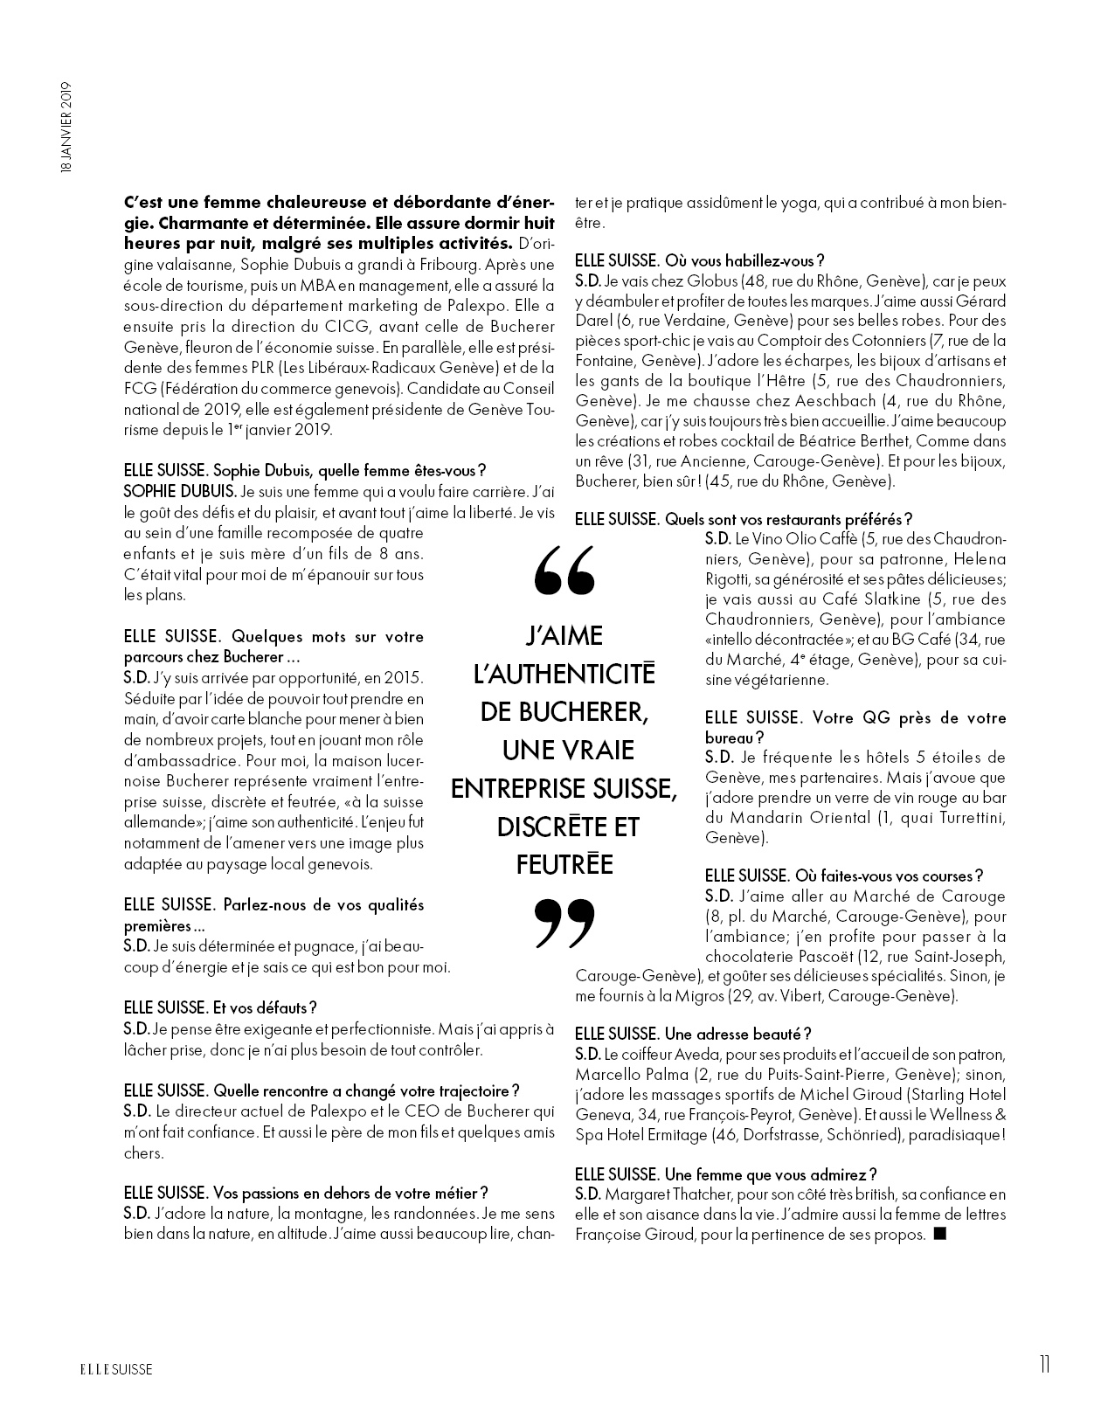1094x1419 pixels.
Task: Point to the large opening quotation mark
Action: [564, 569]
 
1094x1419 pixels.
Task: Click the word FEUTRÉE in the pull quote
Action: [564, 865]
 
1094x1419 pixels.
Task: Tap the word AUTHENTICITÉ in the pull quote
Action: [564, 674]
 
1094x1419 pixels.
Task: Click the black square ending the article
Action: [939, 1234]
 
